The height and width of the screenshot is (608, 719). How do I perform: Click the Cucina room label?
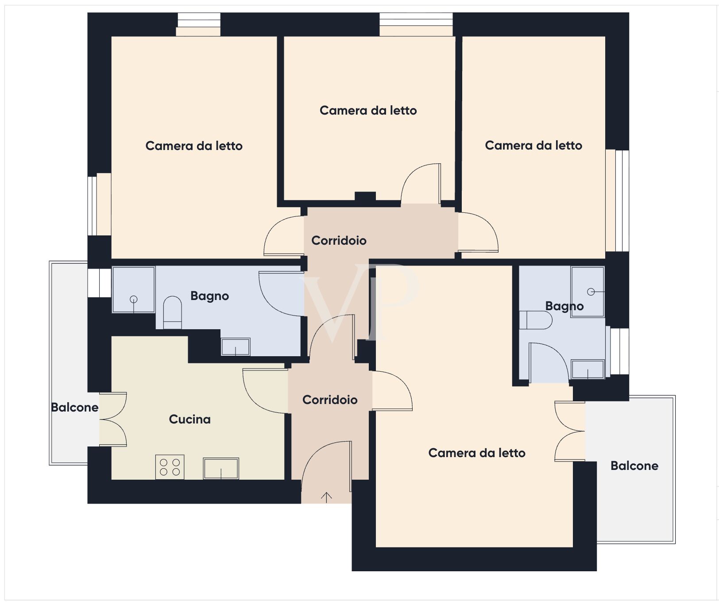[x=189, y=419]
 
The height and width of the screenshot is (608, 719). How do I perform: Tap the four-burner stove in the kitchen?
[x=170, y=467]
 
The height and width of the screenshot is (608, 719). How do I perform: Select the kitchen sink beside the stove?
[x=221, y=468]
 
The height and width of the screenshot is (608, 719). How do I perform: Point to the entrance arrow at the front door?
[x=326, y=497]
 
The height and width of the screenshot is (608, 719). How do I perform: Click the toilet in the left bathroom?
[x=173, y=312]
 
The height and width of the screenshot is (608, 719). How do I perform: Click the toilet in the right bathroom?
[x=536, y=320]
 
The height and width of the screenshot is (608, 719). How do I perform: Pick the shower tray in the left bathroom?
[x=134, y=289]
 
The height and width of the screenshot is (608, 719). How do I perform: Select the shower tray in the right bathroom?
[x=588, y=292]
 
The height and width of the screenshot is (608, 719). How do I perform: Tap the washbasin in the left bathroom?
[x=236, y=346]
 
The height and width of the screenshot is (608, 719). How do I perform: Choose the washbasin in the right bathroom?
[x=588, y=369]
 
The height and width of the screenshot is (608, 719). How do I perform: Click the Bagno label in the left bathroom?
[x=209, y=296]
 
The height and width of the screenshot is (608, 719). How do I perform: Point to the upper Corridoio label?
[x=339, y=240]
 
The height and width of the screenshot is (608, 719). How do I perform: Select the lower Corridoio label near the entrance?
[x=330, y=400]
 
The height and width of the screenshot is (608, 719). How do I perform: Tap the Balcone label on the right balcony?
[x=634, y=466]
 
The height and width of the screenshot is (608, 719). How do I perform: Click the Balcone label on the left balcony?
[x=74, y=407]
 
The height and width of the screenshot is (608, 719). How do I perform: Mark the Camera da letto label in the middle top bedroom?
[x=368, y=110]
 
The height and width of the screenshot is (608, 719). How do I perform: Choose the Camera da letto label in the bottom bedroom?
[x=477, y=453]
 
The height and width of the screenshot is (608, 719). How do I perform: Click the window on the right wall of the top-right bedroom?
[x=617, y=200]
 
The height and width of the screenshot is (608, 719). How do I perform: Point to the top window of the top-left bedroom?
[x=199, y=24]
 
